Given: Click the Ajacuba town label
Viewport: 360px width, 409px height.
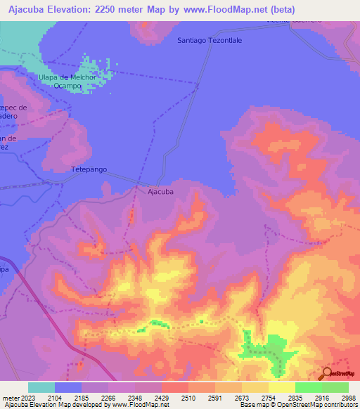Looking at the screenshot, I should point(160,190).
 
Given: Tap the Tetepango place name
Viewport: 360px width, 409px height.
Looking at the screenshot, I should point(89,169).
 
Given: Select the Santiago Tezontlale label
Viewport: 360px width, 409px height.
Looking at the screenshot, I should point(210,41).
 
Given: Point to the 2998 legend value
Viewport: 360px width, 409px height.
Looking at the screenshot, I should point(349,398).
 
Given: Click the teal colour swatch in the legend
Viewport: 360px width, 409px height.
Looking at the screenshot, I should point(41,387).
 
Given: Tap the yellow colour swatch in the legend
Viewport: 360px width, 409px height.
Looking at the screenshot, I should point(281,387).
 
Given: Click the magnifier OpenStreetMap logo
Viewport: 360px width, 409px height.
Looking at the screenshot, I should point(327,373).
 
